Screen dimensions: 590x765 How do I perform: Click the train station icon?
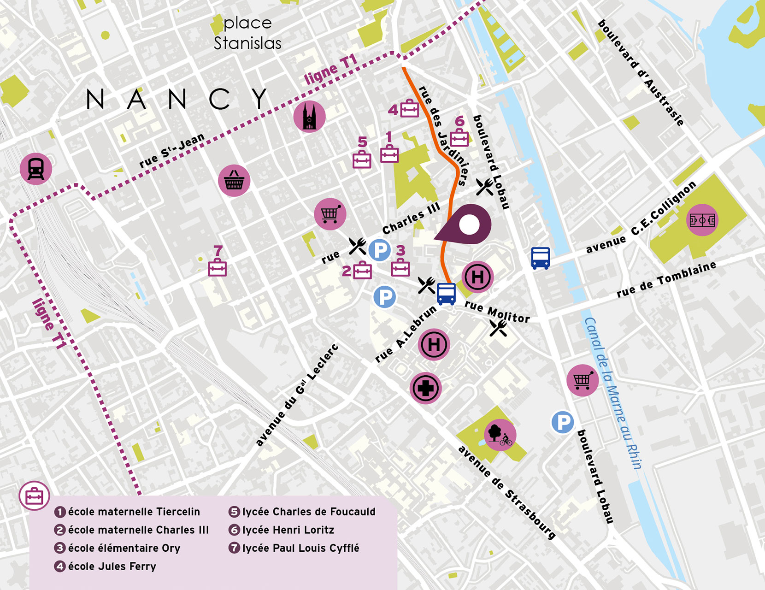tap(36, 169)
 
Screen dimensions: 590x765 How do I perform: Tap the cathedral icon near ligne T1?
tap(309, 116)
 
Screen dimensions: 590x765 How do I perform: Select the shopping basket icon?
tap(234, 181)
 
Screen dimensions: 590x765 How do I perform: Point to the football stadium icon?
tap(702, 220)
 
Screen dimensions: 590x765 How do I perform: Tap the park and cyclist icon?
tap(500, 435)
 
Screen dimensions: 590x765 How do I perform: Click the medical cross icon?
tap(425, 388)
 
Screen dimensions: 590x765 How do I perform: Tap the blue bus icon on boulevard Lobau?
tap(540, 258)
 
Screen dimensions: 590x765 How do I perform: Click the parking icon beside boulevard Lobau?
tap(563, 422)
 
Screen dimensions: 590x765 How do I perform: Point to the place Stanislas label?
tap(247, 33)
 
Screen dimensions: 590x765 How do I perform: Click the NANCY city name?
tap(177, 99)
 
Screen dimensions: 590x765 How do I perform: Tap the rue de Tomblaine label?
tap(666, 279)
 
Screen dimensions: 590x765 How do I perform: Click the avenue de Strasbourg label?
tap(507, 492)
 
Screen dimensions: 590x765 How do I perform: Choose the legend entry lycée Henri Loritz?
tap(288, 530)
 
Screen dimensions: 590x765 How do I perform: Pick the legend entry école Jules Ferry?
tap(112, 566)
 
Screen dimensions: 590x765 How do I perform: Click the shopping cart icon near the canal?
tap(583, 380)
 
